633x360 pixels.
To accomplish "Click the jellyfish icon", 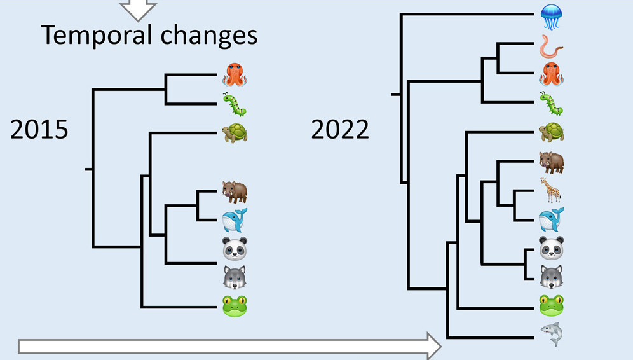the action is [551, 17].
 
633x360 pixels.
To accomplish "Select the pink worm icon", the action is [551, 46].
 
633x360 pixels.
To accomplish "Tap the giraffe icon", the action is [551, 190].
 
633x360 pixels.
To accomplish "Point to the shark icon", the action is [552, 334].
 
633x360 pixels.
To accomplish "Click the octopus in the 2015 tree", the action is [235, 75].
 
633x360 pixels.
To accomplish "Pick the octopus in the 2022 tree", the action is [552, 74].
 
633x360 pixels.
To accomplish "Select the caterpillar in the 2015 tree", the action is [235, 104].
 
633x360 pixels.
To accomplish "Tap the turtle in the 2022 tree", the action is [552, 132].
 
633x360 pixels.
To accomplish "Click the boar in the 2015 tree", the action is [235, 191].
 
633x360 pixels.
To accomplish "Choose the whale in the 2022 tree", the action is [552, 219].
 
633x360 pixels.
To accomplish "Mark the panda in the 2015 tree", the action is [235, 248].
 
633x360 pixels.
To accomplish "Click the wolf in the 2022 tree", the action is [552, 277].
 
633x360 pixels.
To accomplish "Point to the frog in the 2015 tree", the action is [235, 306].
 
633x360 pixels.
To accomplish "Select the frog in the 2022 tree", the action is [552, 305].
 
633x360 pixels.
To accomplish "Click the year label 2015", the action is [39, 130].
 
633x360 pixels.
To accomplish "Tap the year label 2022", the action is [340, 130].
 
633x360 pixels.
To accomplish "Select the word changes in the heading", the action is [209, 36].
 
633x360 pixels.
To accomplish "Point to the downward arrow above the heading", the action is [138, 8].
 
